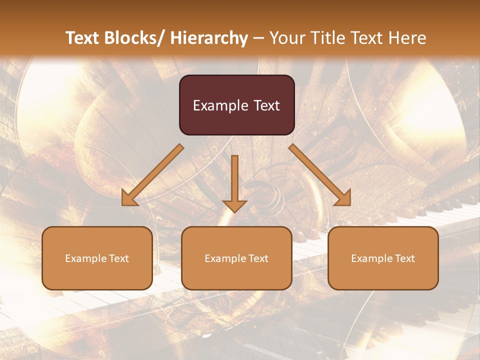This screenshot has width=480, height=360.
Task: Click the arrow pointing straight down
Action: pyautogui.click(x=234, y=182)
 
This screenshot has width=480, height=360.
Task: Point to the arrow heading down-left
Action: pyautogui.click(x=152, y=175)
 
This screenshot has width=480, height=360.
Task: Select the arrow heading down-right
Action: pyautogui.click(x=320, y=175)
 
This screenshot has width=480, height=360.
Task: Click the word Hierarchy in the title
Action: pyautogui.click(x=209, y=38)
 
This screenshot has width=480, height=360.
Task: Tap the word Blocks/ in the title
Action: pyautogui.click(x=132, y=38)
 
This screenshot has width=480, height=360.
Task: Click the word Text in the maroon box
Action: pyautogui.click(x=266, y=105)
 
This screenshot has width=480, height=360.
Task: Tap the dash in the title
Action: pyautogui.click(x=258, y=38)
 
